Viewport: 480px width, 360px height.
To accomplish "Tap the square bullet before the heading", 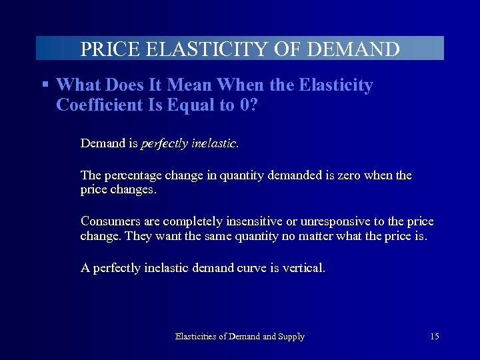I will click(45, 85).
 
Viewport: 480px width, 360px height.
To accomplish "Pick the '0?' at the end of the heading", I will click(249, 105).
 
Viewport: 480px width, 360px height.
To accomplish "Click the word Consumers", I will click(109, 221).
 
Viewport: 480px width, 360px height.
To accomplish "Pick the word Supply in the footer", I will click(291, 337).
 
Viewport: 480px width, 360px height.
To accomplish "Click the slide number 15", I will click(434, 337).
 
